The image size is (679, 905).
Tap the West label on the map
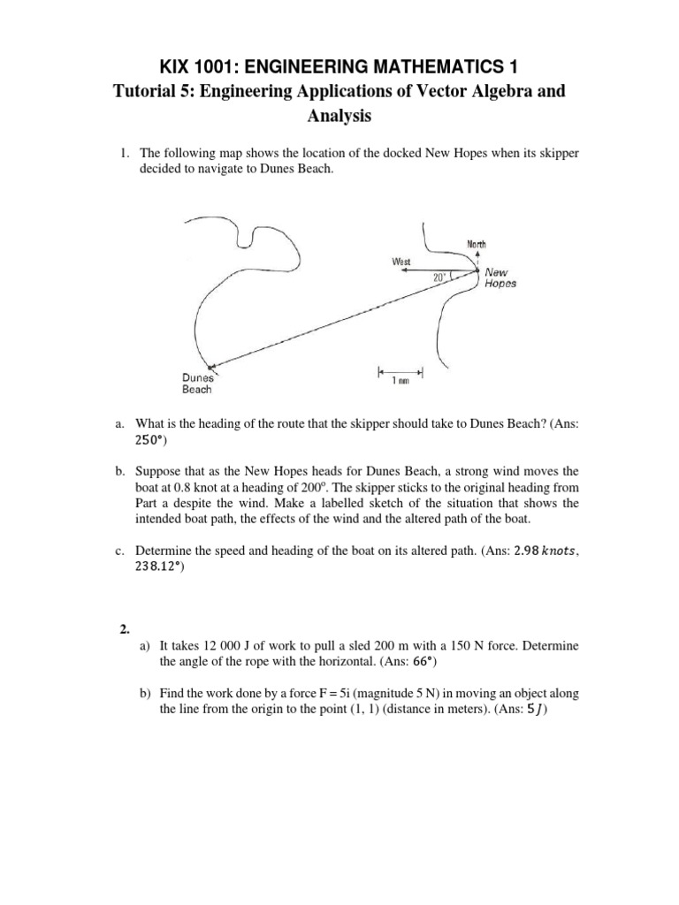click(x=402, y=261)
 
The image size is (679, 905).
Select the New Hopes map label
click(x=500, y=278)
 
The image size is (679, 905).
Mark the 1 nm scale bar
click(x=401, y=371)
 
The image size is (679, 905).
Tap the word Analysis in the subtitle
click(x=339, y=115)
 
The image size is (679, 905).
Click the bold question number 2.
click(x=126, y=630)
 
